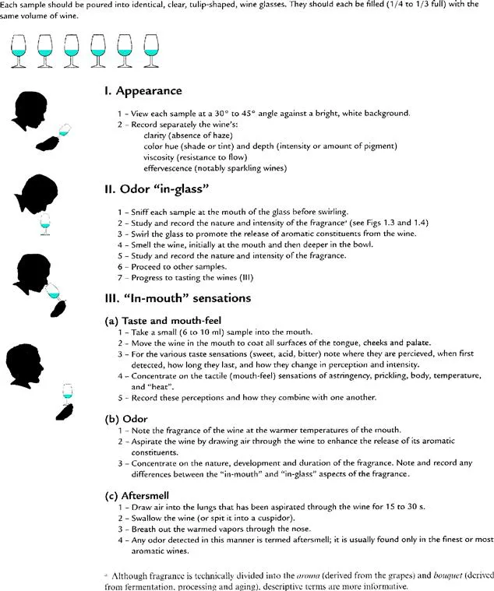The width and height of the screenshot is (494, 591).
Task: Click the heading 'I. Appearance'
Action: pos(143,92)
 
